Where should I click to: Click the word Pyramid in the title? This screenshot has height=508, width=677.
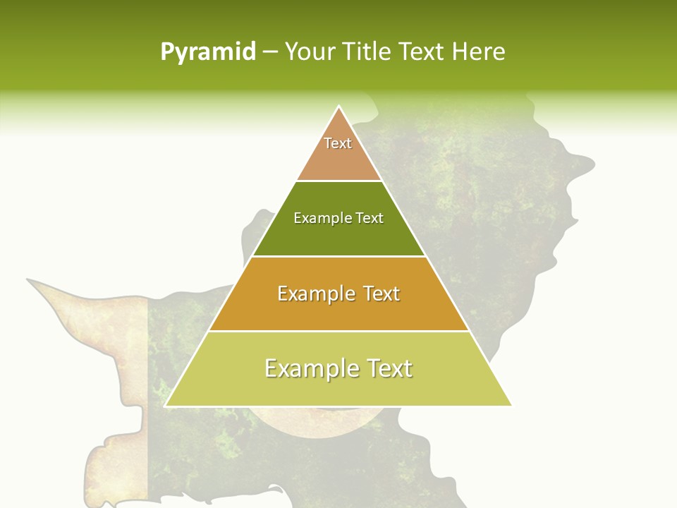[207, 52]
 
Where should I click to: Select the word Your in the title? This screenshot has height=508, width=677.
[310, 52]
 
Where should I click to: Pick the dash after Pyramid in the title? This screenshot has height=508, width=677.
[270, 53]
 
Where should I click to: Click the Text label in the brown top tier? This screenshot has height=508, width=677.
[338, 143]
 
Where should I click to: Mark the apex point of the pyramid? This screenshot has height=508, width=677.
[339, 107]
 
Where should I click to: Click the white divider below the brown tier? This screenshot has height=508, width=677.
[338, 181]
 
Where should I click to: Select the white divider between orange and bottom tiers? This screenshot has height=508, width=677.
[338, 331]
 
